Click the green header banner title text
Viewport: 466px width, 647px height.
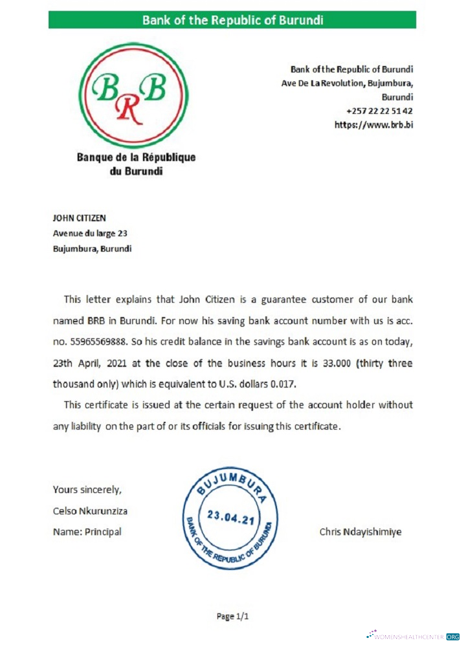pos(232,19)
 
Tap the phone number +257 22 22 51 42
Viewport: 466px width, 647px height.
pos(379,111)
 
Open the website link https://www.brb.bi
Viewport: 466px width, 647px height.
pos(373,125)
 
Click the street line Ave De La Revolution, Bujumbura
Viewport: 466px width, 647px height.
pos(347,83)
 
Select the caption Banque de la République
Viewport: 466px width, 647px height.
pos(136,157)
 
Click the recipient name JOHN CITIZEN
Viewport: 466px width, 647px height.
pos(79,218)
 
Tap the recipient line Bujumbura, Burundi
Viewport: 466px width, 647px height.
pos(92,248)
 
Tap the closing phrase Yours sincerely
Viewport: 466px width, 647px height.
pos(87,489)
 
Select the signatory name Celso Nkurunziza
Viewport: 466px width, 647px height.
pos(90,510)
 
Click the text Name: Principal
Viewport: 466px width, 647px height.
pos(87,532)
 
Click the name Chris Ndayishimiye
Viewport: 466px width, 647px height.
pos(360,532)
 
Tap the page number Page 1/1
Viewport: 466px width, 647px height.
pos(232,616)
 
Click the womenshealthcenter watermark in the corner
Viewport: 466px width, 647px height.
pos(414,636)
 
